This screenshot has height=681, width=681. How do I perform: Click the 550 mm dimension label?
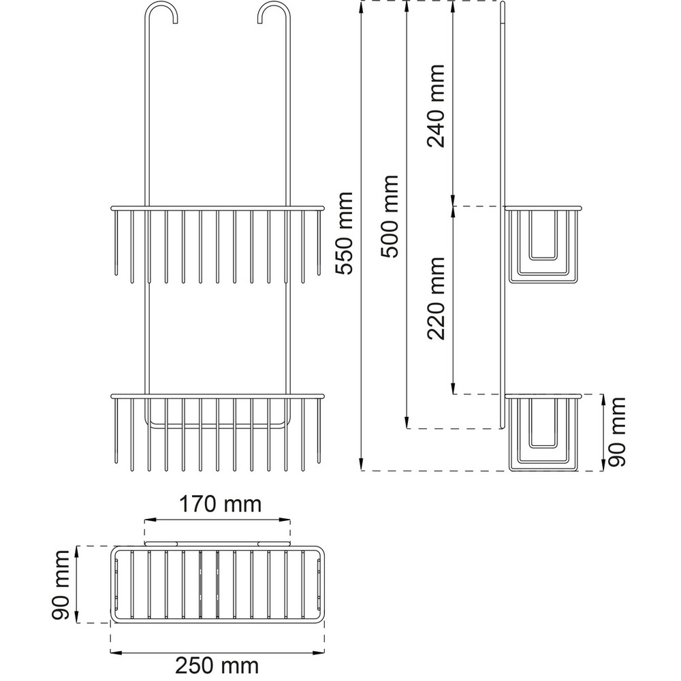click(x=346, y=233)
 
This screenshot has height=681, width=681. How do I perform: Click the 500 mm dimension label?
click(x=390, y=217)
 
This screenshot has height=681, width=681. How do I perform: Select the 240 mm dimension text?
click(x=436, y=106)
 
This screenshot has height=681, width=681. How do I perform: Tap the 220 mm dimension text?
click(x=436, y=298)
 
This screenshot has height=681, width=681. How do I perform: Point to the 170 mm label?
click(x=221, y=504)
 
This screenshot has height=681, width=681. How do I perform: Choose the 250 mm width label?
click(x=217, y=665)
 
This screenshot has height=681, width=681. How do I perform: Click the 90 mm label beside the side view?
click(x=616, y=432)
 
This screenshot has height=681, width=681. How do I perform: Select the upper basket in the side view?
click(x=543, y=245)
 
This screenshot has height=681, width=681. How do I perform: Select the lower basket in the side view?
click(x=543, y=432)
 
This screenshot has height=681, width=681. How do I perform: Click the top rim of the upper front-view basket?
click(x=218, y=208)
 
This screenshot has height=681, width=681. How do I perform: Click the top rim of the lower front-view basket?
click(x=218, y=396)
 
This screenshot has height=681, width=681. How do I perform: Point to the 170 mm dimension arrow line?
click(x=218, y=519)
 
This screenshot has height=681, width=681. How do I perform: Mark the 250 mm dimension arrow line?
click(x=218, y=652)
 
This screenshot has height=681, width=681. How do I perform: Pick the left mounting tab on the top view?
click(x=161, y=543)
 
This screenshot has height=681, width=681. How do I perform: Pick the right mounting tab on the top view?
click(x=274, y=543)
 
